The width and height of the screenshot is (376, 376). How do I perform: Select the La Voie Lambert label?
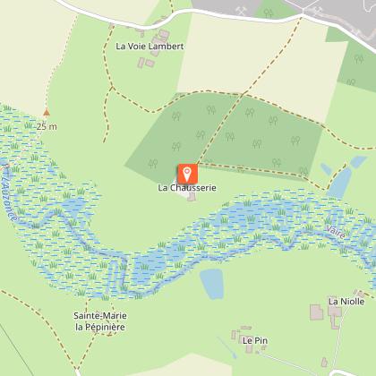click(150, 46)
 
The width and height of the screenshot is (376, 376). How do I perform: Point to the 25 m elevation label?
click(47, 126)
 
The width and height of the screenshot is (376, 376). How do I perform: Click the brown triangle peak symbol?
click(47, 114)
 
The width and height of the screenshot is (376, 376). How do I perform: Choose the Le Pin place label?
click(254, 340)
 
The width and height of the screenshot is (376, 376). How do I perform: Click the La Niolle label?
click(346, 302)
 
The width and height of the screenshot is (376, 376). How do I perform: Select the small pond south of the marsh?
click(212, 284)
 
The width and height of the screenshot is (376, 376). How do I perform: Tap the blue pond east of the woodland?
click(342, 180)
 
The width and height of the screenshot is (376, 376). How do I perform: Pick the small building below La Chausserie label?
click(191, 198)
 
